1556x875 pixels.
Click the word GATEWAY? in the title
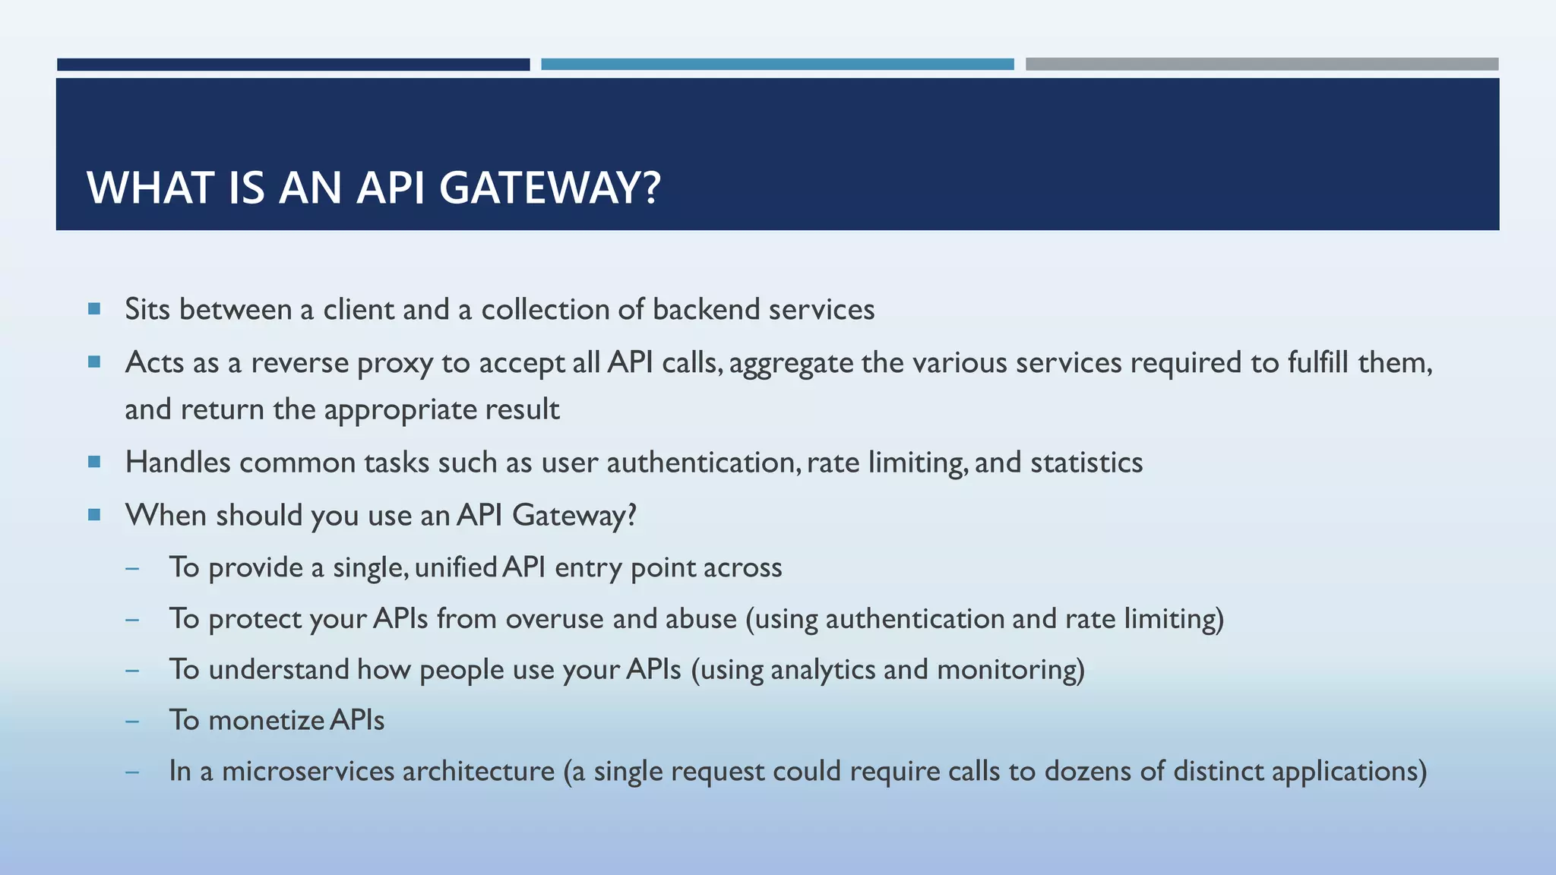pos(549,188)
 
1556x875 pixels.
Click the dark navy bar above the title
pos(293,65)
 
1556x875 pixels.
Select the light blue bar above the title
pos(777,65)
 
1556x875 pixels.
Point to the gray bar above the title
pos(1261,65)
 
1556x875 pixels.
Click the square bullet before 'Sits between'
pos(94,308)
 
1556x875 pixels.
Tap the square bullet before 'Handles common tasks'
pos(94,461)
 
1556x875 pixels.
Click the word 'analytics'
pos(823,670)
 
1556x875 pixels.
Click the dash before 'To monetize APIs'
pos(133,721)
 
